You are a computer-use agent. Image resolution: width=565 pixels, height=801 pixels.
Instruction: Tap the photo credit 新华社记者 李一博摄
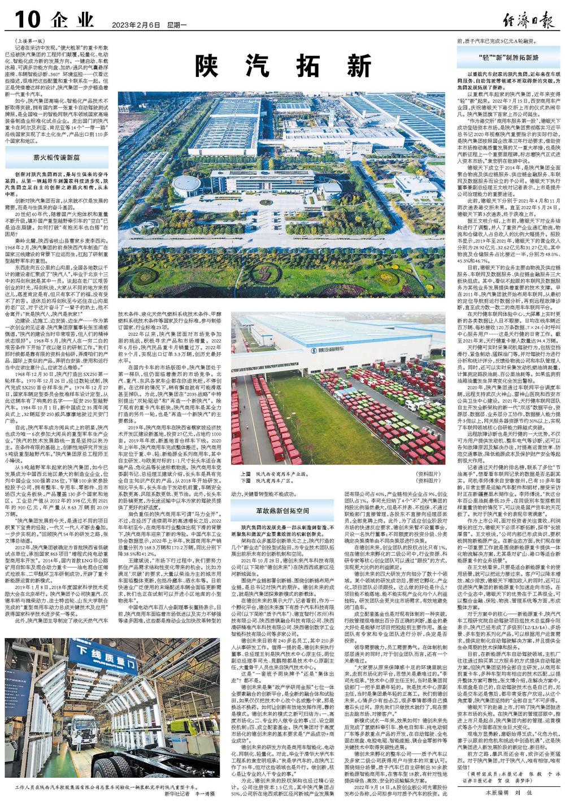pos(190,793)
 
